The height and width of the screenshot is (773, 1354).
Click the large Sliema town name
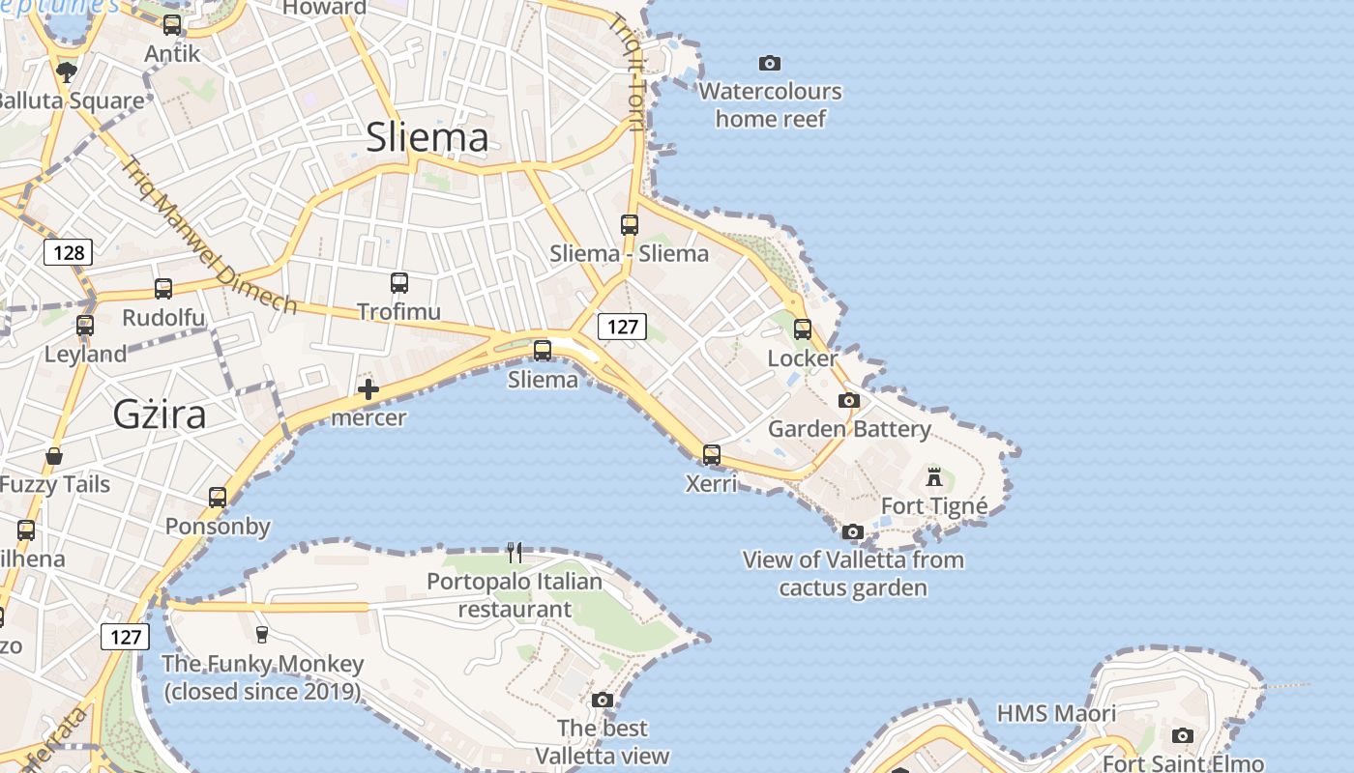tap(427, 138)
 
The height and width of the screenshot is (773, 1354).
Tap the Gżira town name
tap(160, 415)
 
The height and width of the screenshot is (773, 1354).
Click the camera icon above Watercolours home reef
tap(770, 64)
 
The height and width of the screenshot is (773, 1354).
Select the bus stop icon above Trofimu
tap(398, 283)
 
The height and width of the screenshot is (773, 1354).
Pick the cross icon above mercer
tap(368, 390)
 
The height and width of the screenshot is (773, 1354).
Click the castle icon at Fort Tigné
tap(934, 476)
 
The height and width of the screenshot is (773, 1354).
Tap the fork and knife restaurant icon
tap(515, 553)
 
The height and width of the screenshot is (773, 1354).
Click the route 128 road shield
tap(68, 253)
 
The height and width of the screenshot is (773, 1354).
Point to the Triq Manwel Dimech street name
tap(207, 235)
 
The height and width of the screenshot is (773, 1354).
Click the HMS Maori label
tap(1056, 714)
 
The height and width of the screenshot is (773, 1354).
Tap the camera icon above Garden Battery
tap(849, 400)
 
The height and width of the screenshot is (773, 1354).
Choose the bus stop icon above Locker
tap(803, 329)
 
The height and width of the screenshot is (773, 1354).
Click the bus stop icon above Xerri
tap(712, 454)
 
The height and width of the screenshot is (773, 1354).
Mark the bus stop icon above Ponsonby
tap(218, 498)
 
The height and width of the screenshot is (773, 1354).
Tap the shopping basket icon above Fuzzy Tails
tap(54, 456)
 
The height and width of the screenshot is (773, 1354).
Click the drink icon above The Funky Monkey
tap(261, 634)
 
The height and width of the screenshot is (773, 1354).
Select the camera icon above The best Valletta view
tap(603, 700)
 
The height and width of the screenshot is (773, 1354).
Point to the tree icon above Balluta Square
tap(66, 72)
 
